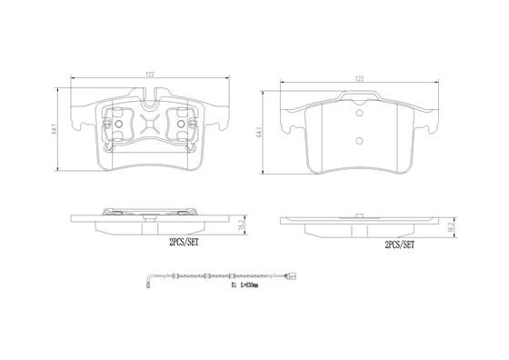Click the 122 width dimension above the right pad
pyautogui.click(x=359, y=79)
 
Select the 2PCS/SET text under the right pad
pyautogui.click(x=399, y=245)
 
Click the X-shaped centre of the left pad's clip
pyautogui.click(x=151, y=122)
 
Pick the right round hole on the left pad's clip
pyautogui.click(x=181, y=123)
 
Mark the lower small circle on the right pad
pyautogui.click(x=359, y=142)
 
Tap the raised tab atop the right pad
pyautogui.click(x=359, y=95)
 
